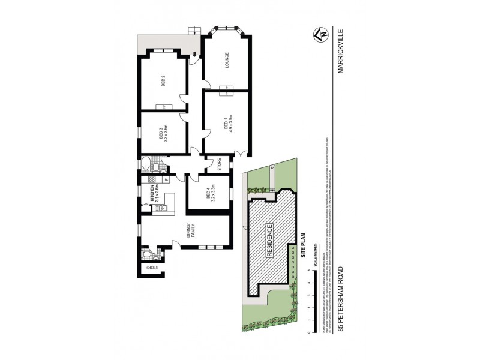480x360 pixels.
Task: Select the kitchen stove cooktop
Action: [145, 179]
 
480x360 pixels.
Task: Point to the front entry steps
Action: [193, 31]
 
